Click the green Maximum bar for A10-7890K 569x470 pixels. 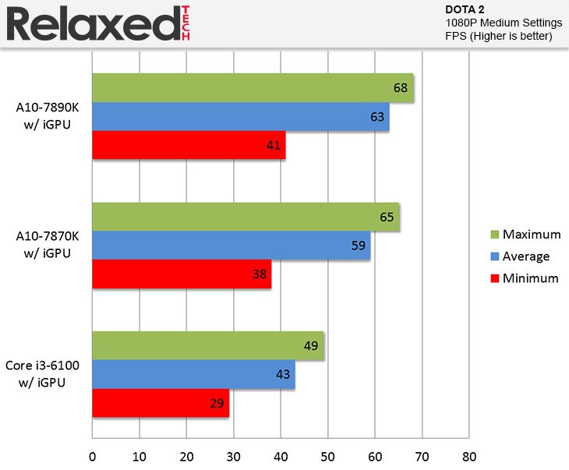[x=253, y=88]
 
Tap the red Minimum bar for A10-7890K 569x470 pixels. [x=189, y=145]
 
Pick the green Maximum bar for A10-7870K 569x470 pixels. [x=246, y=217]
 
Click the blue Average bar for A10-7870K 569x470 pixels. [x=231, y=246]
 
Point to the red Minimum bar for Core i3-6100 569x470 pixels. [x=161, y=403]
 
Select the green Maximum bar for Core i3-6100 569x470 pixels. [x=208, y=346]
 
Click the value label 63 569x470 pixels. [x=378, y=117]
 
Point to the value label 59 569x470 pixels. [x=359, y=246]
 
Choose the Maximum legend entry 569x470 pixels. [x=525, y=234]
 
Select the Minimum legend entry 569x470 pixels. [x=524, y=278]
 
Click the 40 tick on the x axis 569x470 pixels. [x=281, y=455]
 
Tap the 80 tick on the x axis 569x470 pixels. [x=468, y=455]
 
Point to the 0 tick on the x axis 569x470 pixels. [x=93, y=455]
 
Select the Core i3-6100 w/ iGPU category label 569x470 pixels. [x=48, y=374]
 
